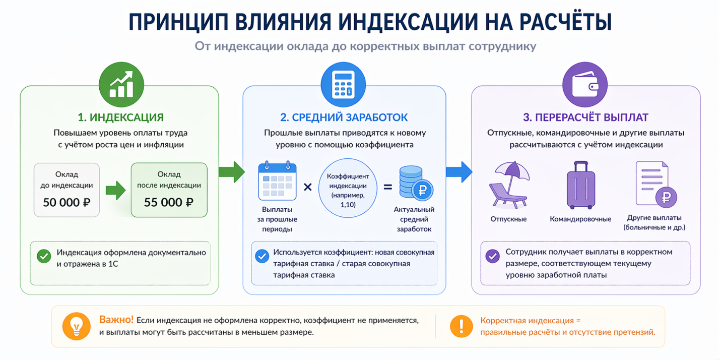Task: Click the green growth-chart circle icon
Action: pyautogui.click(x=121, y=85)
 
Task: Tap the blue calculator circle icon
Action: pyautogui.click(x=343, y=85)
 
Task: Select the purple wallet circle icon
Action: pyautogui.click(x=585, y=85)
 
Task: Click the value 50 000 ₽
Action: pyautogui.click(x=67, y=202)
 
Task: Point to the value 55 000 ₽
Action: pyautogui.click(x=169, y=202)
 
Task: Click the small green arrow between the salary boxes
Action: pyautogui.click(x=115, y=191)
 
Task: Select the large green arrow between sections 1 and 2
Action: pyautogui.click(x=232, y=172)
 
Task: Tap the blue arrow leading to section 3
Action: pyautogui.click(x=459, y=172)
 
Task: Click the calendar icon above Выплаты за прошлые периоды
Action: pyautogui.click(x=277, y=181)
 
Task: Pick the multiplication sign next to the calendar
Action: pyautogui.click(x=307, y=187)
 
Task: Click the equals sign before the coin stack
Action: pyautogui.click(x=388, y=187)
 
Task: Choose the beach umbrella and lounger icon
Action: pyautogui.click(x=509, y=185)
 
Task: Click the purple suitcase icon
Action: pyautogui.click(x=581, y=185)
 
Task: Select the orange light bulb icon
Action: pyautogui.click(x=77, y=326)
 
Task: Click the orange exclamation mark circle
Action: pyautogui.click(x=461, y=326)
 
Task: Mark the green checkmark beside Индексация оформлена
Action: pyautogui.click(x=44, y=256)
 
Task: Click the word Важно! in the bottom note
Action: pyautogui.click(x=116, y=320)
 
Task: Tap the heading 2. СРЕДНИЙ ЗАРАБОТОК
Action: pyautogui.click(x=344, y=117)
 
